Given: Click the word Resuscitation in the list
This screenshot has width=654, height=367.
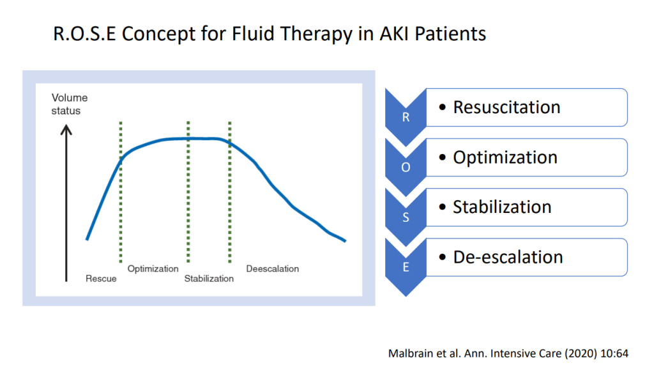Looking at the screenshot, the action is click(x=506, y=107).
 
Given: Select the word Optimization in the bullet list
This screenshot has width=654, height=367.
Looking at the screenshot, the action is click(x=505, y=158).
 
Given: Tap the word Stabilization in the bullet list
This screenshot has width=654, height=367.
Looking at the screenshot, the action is click(x=502, y=207).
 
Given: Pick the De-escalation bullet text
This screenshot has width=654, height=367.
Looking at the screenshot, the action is click(x=508, y=257).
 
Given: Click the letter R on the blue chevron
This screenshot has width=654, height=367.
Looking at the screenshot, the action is click(x=406, y=117).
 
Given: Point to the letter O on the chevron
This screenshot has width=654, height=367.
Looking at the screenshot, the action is click(x=406, y=168).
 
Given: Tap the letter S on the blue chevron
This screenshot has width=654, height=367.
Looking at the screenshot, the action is click(x=406, y=217).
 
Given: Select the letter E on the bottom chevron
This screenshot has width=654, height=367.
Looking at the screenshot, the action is click(x=406, y=267).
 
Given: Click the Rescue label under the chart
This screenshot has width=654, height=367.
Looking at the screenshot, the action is click(x=101, y=279).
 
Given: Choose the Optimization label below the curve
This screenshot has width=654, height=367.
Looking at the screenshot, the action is click(x=153, y=269).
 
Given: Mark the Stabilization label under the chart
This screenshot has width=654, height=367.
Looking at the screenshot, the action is click(x=209, y=279).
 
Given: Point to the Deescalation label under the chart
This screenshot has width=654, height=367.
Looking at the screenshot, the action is click(x=272, y=269).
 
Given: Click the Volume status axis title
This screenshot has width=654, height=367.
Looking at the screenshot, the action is click(x=69, y=104).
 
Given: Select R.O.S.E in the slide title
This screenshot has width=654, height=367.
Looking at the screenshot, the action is click(x=84, y=34).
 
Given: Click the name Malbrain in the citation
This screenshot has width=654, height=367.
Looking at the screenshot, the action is click(x=411, y=354).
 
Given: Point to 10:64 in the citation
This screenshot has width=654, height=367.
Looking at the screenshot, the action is click(x=614, y=354).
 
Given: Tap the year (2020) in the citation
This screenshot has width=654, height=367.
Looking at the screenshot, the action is click(x=581, y=354).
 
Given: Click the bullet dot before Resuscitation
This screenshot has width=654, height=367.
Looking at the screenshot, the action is click(x=443, y=107).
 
